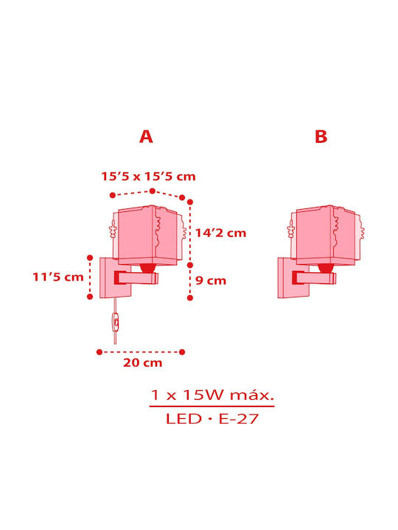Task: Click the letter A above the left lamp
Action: pyautogui.click(x=146, y=137)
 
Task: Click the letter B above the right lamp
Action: pyautogui.click(x=321, y=137)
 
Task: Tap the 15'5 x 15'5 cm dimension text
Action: pyautogui.click(x=149, y=176)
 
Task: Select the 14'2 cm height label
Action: pyautogui.click(x=220, y=233)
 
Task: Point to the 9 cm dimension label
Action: pyautogui.click(x=211, y=280)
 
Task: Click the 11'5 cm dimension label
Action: pyautogui.click(x=58, y=277)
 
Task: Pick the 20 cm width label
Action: pyautogui.click(x=143, y=363)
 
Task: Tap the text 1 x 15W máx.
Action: pyautogui.click(x=212, y=395)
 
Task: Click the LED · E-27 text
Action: pyautogui.click(x=212, y=419)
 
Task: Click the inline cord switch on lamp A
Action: pyautogui.click(x=116, y=322)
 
